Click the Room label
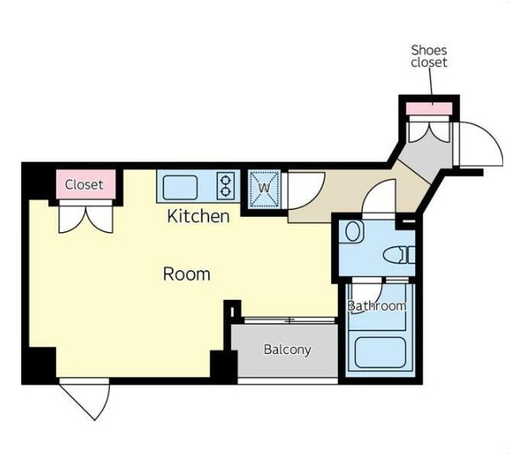186,274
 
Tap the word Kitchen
198,216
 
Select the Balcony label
287,350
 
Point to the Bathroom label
377,306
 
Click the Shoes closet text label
429,56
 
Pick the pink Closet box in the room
86,185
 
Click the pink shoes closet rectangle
430,108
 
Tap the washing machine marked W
264,189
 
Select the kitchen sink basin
180,187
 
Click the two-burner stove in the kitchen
225,185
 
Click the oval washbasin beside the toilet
354,231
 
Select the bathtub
380,352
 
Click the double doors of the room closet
86,217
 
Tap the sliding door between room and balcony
290,320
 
